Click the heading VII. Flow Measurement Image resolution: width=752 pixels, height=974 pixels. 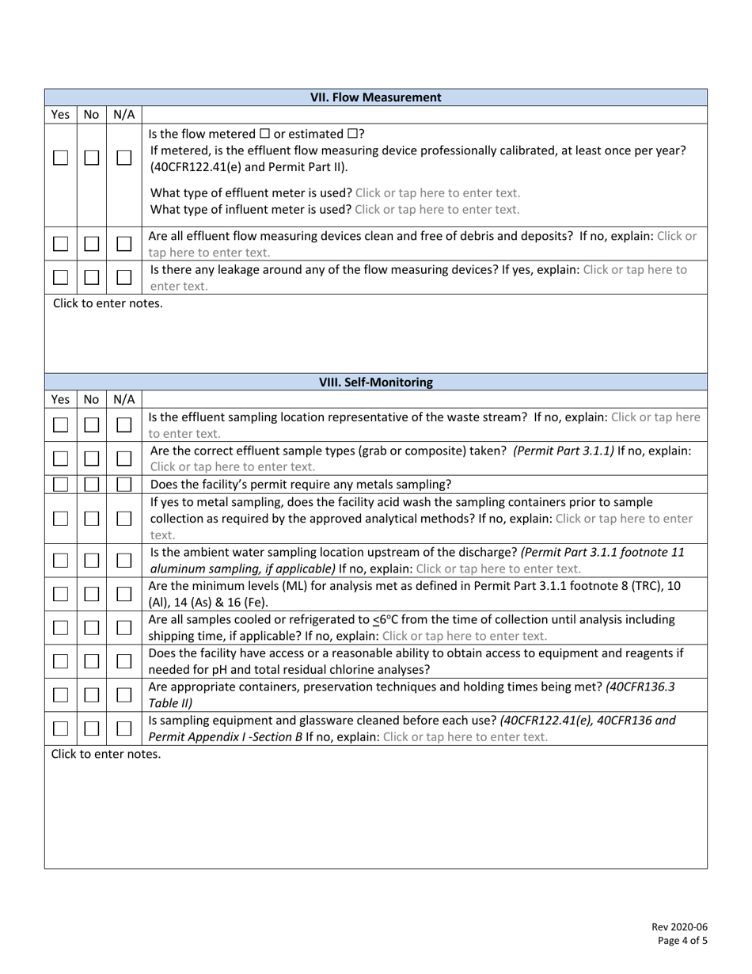(375, 97)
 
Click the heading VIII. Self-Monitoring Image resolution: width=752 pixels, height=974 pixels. (375, 382)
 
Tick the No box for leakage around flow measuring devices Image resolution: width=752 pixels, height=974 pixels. (92, 278)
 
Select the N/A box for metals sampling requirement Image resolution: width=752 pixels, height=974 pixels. (123, 485)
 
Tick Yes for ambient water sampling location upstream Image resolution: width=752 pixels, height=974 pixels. (60, 560)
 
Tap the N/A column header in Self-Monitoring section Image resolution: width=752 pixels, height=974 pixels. (123, 400)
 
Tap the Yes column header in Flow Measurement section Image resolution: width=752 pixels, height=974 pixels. (60, 115)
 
